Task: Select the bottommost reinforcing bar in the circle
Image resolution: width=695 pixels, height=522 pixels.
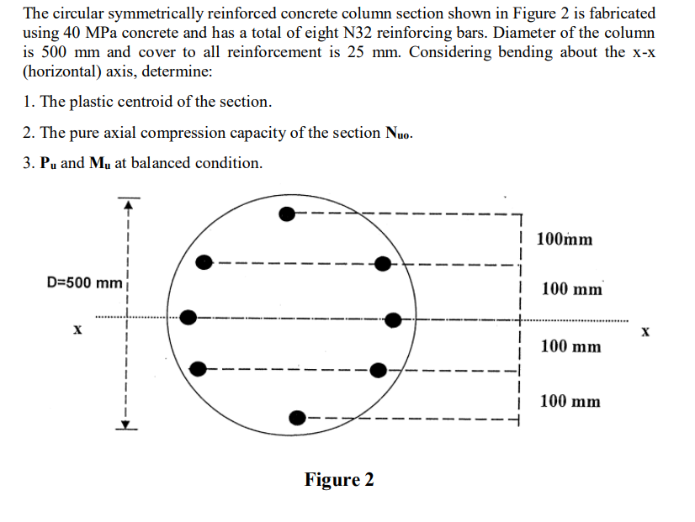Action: point(297,418)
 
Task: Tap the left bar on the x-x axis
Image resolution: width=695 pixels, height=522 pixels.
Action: point(189,317)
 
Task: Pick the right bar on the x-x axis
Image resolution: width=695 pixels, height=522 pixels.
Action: point(393,319)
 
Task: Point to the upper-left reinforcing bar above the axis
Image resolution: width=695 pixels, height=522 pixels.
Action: point(204,262)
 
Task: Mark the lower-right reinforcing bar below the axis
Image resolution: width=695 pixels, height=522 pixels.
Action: point(379,369)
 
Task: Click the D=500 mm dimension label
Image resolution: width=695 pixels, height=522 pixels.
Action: point(83,282)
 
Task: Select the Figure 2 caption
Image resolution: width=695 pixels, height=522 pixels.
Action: point(339,480)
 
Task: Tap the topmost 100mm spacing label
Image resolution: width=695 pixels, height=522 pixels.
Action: point(563,240)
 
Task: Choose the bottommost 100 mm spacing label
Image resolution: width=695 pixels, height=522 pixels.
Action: point(570,402)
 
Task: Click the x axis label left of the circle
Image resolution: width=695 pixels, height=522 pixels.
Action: point(77,330)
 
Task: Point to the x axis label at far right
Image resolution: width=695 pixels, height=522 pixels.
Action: point(645,332)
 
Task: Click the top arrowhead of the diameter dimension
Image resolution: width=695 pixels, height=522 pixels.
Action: point(126,203)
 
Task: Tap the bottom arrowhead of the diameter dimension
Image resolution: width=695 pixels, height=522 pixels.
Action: point(126,424)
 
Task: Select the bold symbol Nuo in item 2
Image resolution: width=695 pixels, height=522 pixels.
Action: point(398,134)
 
